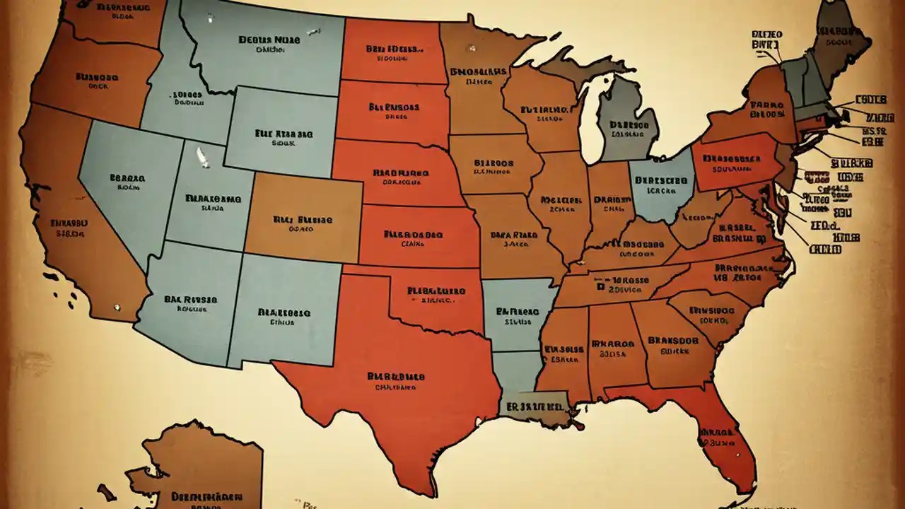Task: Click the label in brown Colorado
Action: tap(303, 223)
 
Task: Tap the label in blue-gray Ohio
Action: tap(661, 185)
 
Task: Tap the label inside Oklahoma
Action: tap(436, 294)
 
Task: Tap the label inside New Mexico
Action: tap(284, 315)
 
